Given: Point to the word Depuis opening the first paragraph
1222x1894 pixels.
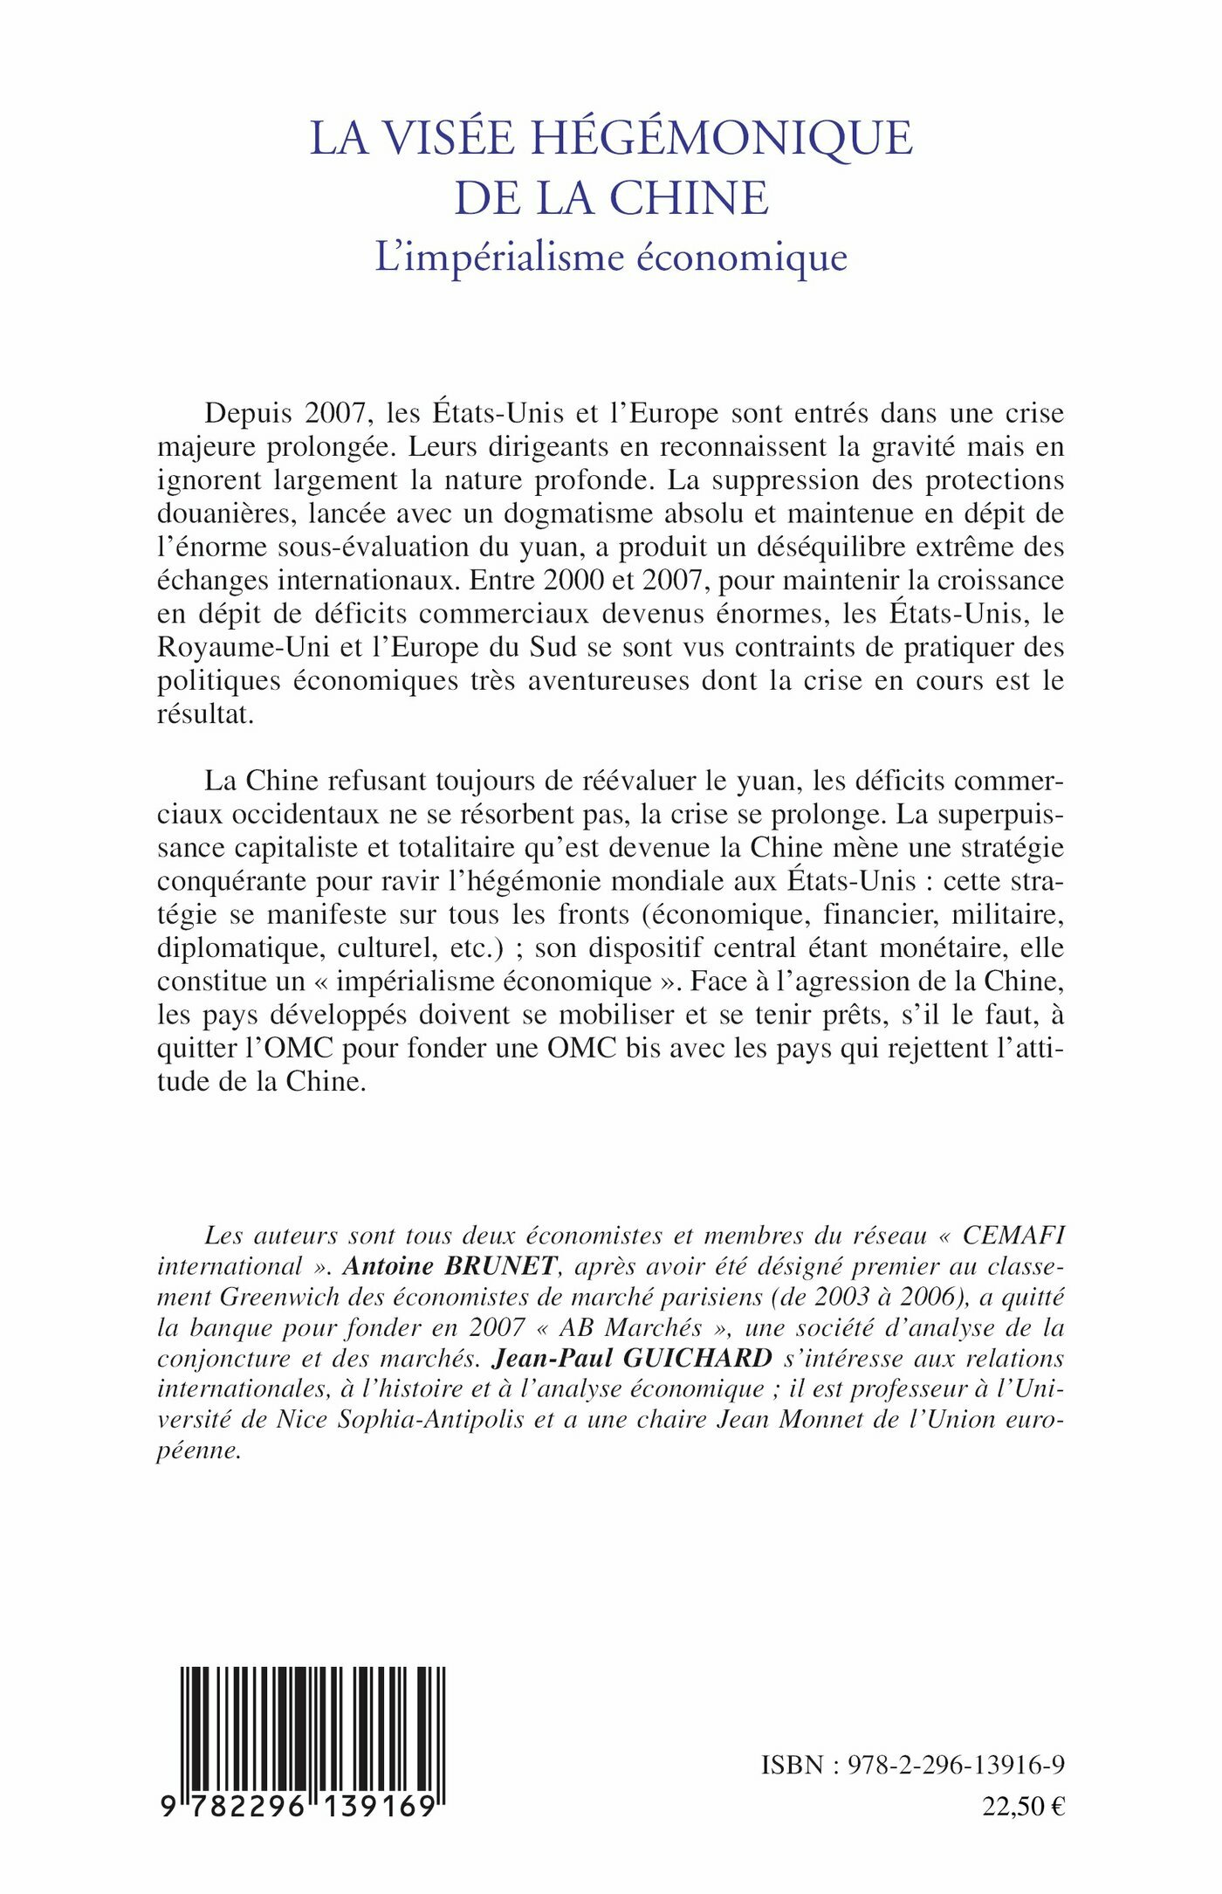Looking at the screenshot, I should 247,413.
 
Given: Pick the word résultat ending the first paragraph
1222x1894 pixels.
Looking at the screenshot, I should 205,713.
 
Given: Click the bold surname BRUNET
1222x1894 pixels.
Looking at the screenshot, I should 500,1266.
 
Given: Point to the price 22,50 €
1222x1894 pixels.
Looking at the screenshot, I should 1023,1807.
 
